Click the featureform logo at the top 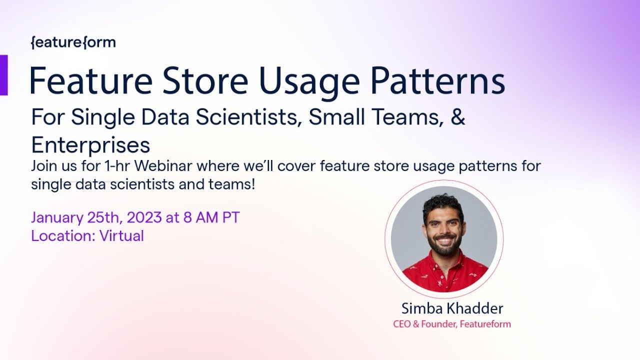point(73,43)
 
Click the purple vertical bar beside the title point(3,75)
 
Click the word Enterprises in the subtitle point(90,145)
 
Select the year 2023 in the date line point(144,218)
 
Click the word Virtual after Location point(121,236)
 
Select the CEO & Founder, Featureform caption point(452,324)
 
